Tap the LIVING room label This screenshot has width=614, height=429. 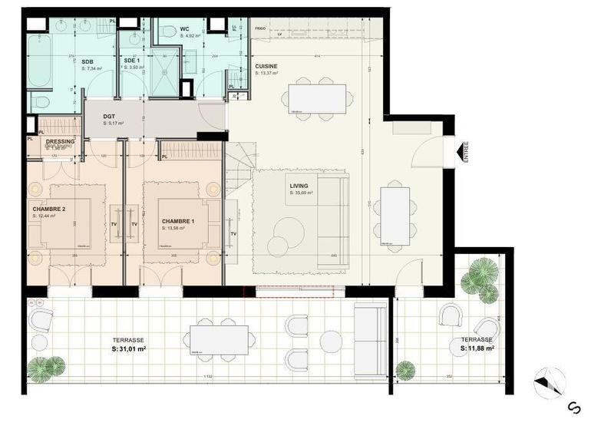(299, 186)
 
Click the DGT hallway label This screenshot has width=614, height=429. (109, 116)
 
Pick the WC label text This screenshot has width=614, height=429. (184, 29)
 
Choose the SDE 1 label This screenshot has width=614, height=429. (131, 61)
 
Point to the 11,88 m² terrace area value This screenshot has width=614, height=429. (477, 348)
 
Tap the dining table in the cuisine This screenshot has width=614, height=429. (317, 98)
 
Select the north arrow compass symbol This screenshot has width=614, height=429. (550, 382)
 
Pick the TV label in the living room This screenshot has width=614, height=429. (233, 233)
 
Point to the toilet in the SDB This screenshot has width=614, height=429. (42, 101)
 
